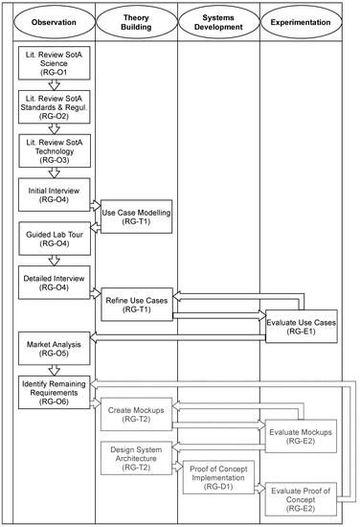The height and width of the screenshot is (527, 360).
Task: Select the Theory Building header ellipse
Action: point(138,21)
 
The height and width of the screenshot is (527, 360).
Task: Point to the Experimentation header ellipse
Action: point(303,21)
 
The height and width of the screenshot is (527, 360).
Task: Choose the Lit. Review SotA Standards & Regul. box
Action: point(54,108)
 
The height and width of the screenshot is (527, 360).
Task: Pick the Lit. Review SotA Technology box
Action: point(54,150)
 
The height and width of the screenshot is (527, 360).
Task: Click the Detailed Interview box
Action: point(54,280)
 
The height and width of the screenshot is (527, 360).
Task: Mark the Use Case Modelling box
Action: point(136,217)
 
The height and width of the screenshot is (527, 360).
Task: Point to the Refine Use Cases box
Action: point(136,305)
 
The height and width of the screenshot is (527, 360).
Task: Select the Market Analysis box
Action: point(54,347)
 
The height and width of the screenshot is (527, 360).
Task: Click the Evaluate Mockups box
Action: point(302,436)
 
